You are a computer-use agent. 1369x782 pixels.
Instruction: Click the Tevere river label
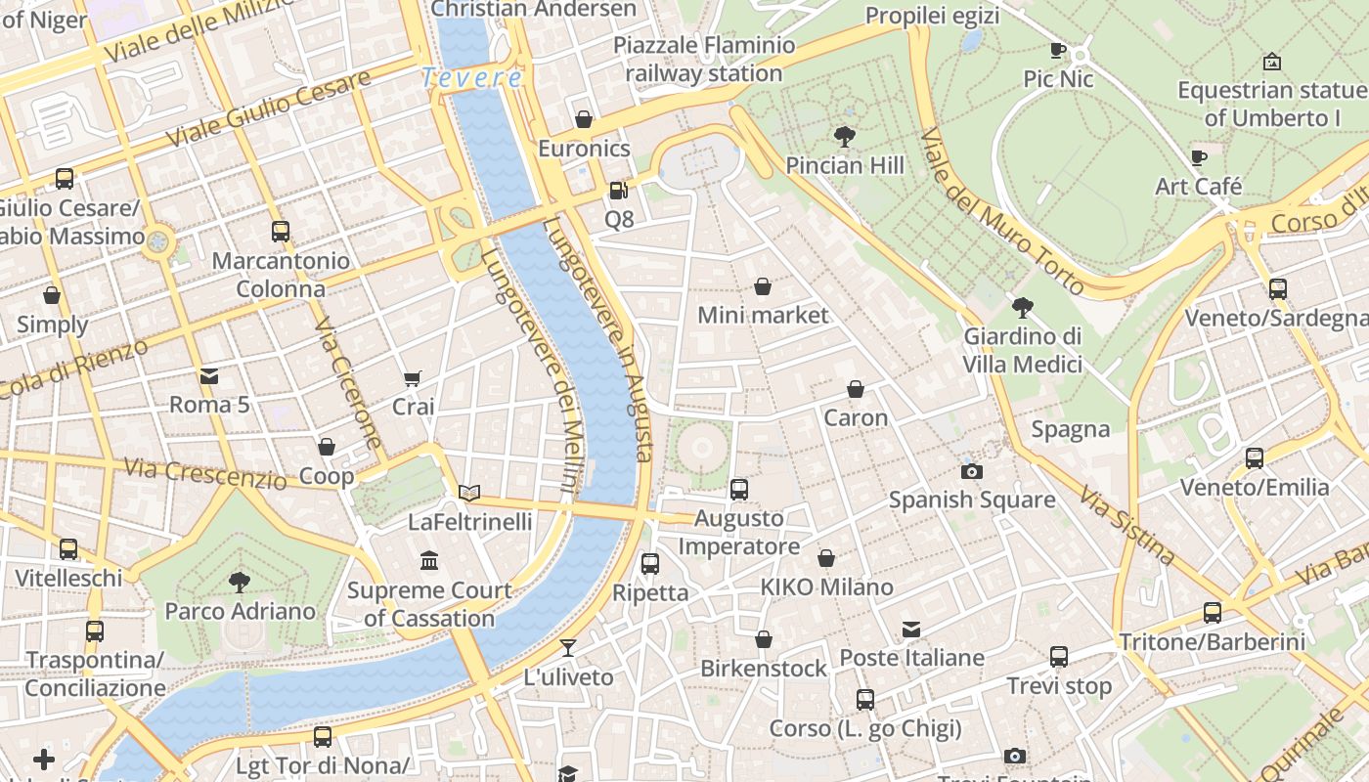pyautogui.click(x=472, y=78)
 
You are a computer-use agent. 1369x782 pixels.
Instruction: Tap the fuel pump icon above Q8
pyautogui.click(x=618, y=190)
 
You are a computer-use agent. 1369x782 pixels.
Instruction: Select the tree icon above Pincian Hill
pyautogui.click(x=844, y=137)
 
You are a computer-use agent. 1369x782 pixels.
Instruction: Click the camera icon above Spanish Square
pyautogui.click(x=971, y=471)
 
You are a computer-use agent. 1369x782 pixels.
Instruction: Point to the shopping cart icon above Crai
pyautogui.click(x=413, y=378)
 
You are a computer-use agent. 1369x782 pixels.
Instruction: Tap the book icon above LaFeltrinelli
pyautogui.click(x=469, y=493)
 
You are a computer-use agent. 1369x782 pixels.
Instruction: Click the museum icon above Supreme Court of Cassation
pyautogui.click(x=429, y=561)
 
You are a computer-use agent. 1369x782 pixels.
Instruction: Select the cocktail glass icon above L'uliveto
pyautogui.click(x=567, y=648)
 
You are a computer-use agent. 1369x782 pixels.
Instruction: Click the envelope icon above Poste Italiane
pyautogui.click(x=911, y=630)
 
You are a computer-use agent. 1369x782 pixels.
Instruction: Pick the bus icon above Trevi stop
pyautogui.click(x=1059, y=657)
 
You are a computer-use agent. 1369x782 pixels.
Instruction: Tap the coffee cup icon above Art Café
pyautogui.click(x=1199, y=157)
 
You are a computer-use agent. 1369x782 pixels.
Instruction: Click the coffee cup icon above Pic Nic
pyautogui.click(x=1057, y=50)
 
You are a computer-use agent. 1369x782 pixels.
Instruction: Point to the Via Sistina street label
pyautogui.click(x=1127, y=525)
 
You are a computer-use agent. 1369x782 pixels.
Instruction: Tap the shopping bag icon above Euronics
pyautogui.click(x=584, y=119)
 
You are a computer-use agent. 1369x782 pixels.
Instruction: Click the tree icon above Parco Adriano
pyautogui.click(x=240, y=583)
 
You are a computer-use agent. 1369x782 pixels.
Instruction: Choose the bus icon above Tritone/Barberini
pyautogui.click(x=1213, y=613)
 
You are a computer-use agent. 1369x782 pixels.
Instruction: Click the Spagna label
pyautogui.click(x=1071, y=429)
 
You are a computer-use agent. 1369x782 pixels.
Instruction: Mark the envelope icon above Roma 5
pyautogui.click(x=209, y=376)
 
